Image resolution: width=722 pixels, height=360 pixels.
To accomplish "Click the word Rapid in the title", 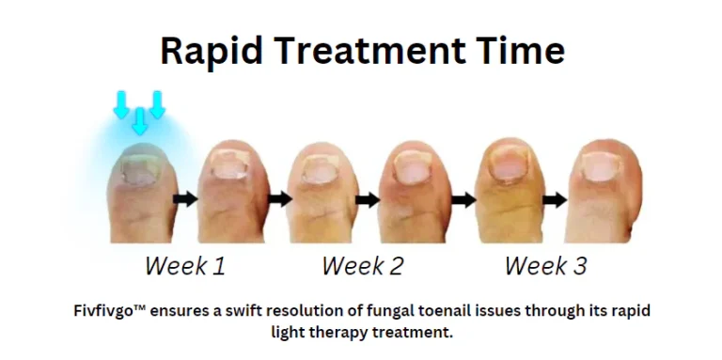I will click(204, 49).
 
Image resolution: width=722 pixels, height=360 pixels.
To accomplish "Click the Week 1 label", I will click(185, 266).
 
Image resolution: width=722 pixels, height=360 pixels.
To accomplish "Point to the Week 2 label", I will click(362, 266).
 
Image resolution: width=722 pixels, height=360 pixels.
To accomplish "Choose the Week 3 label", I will click(545, 266).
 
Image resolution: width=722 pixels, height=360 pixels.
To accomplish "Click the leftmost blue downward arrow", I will click(120, 104).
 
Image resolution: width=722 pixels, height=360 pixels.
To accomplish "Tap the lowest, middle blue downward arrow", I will click(139, 120).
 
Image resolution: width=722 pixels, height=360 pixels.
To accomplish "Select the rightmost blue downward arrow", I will click(156, 104).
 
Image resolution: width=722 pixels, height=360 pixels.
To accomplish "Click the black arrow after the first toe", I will click(186, 199).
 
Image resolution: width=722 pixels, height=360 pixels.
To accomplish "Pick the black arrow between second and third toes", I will click(278, 199).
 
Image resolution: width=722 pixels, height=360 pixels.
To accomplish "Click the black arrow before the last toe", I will click(556, 199).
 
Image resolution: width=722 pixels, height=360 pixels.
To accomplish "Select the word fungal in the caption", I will click(411, 309).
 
